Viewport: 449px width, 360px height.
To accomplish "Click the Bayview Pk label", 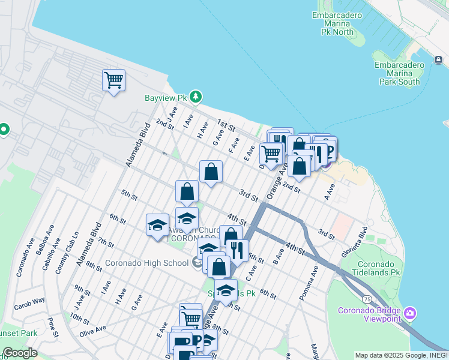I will click(x=166, y=97).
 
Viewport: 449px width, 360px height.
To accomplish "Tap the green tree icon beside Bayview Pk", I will click(x=195, y=97).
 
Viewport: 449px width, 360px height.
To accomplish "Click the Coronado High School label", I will click(x=146, y=263).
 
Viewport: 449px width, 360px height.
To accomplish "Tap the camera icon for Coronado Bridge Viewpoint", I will click(x=410, y=313).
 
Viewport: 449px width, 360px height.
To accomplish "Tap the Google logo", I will click(x=19, y=353).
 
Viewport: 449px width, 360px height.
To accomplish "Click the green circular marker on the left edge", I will click(x=3, y=129).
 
